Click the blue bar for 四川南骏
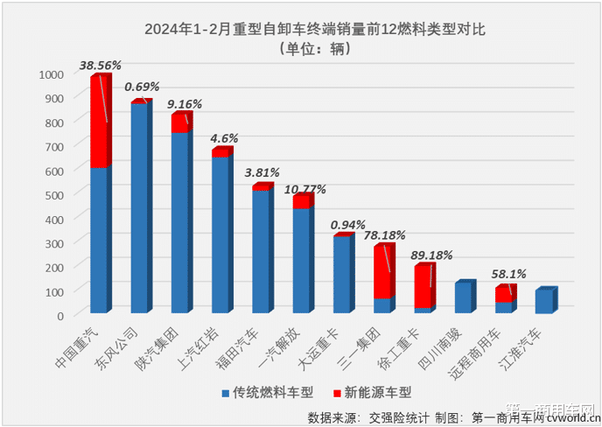[x=462, y=298]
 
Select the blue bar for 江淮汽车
[x=542, y=302]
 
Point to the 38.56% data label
[x=100, y=65]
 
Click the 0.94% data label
[x=348, y=225]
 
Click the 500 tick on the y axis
[x=55, y=194]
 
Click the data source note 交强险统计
[x=417, y=416]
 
